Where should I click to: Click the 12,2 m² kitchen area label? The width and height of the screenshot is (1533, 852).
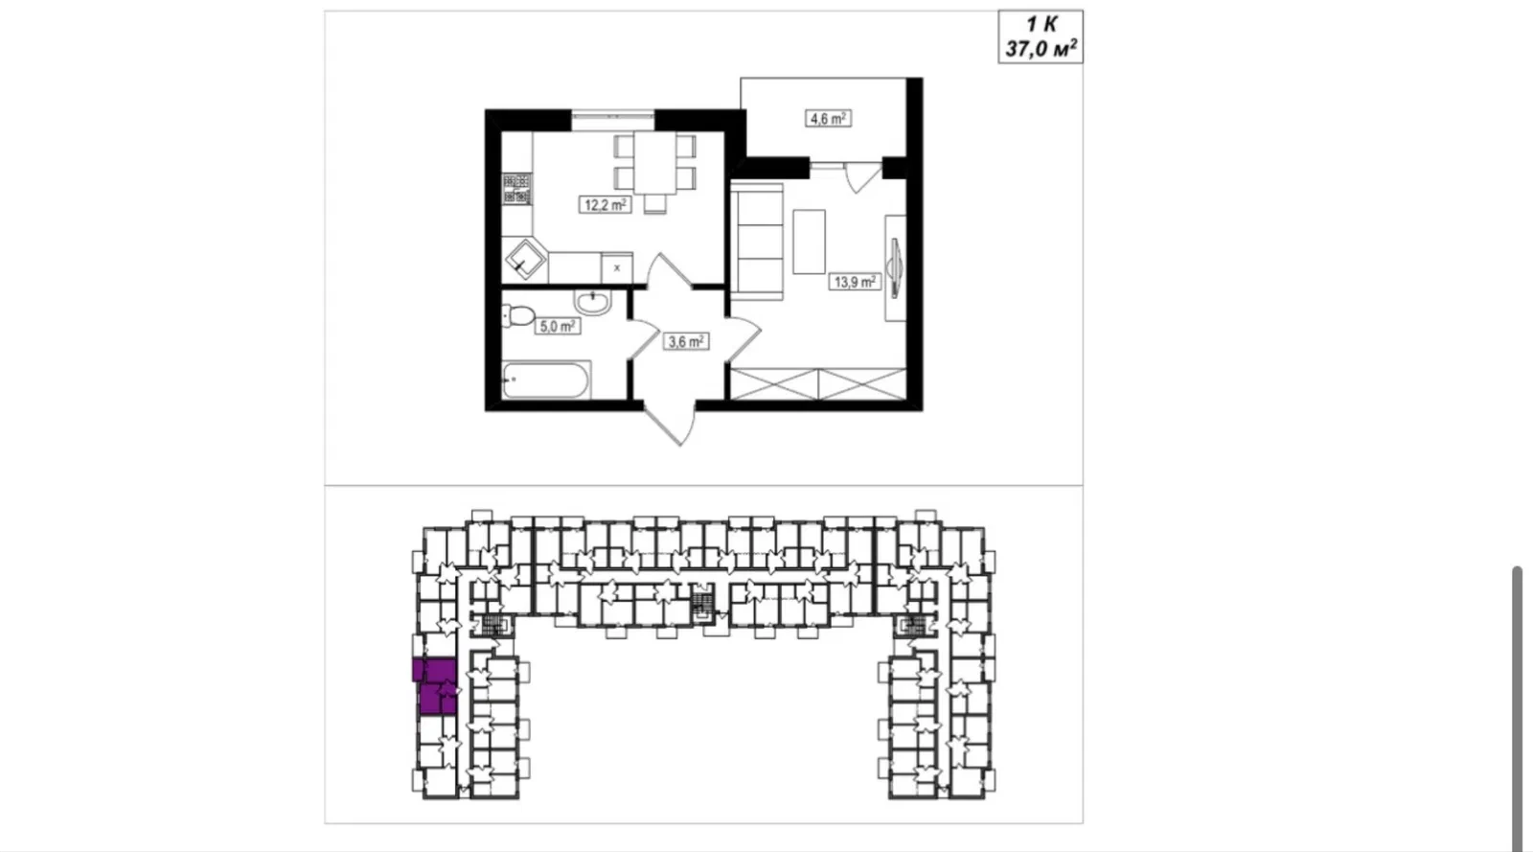[x=605, y=205]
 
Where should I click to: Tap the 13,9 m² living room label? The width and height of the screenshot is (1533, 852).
[x=855, y=281]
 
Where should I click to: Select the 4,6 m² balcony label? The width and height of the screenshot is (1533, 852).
[x=828, y=119]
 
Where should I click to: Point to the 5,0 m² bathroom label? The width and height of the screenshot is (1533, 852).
[x=557, y=327]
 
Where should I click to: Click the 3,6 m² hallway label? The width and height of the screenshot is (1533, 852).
[x=686, y=341]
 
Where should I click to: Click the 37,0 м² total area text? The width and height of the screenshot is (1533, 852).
[x=1041, y=49]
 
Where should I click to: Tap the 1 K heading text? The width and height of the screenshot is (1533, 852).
[x=1041, y=24]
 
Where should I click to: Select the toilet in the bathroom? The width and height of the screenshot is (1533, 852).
[x=518, y=315]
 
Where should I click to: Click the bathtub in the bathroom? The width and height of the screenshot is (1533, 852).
[x=546, y=380]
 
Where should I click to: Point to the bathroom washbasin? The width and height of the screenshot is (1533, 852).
[x=593, y=303]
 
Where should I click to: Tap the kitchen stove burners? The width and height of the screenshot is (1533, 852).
[x=516, y=190]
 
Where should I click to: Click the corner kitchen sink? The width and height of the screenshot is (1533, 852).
[x=525, y=260]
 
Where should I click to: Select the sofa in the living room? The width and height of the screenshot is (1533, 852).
[x=757, y=242]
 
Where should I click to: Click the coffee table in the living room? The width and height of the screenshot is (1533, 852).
[x=809, y=242]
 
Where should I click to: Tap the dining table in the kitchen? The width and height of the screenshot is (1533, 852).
[x=655, y=163]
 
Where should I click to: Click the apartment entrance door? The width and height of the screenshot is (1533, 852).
[x=672, y=425]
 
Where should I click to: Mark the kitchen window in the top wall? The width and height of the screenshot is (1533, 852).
[x=612, y=121]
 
